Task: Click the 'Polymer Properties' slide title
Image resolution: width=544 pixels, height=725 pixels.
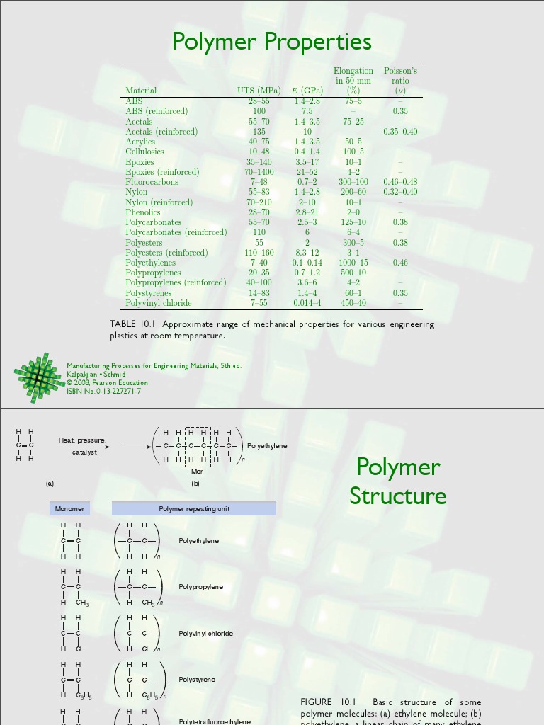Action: (272, 42)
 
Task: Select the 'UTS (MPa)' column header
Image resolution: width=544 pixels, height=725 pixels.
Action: (259, 91)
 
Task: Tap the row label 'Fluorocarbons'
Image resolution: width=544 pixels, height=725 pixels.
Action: (152, 182)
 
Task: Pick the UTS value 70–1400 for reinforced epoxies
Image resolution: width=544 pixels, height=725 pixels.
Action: (259, 172)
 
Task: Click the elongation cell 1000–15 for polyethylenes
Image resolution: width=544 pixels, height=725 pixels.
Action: (353, 263)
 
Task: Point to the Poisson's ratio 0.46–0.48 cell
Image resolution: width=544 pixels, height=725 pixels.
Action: (400, 182)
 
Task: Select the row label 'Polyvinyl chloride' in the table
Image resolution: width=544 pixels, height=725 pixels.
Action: (159, 303)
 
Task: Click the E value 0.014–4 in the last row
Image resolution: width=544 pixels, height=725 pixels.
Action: (307, 303)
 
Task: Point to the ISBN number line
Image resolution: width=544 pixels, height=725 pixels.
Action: (103, 391)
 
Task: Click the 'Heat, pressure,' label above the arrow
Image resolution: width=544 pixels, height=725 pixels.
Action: (82, 440)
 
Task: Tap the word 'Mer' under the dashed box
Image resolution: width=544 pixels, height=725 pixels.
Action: (197, 471)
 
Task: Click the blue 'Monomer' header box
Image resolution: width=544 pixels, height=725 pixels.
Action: (70, 508)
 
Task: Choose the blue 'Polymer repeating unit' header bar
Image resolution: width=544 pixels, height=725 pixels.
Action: (194, 508)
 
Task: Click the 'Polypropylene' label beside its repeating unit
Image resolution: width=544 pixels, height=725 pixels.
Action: (200, 587)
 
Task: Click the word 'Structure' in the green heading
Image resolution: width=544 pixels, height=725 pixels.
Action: (397, 496)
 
